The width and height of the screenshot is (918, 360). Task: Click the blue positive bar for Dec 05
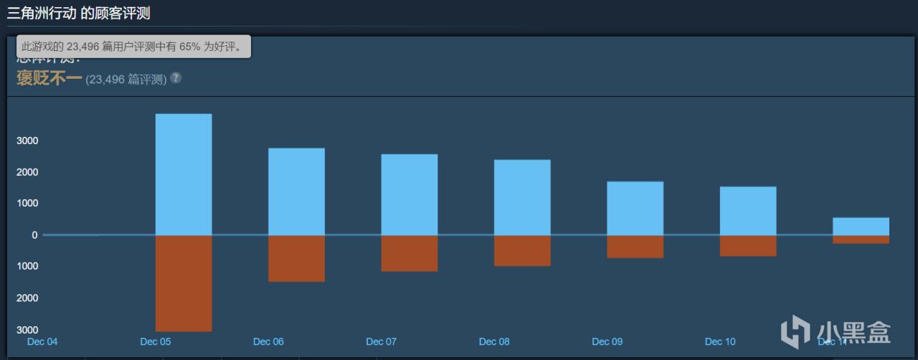click(184, 174)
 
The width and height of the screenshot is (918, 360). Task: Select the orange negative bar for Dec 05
click(184, 283)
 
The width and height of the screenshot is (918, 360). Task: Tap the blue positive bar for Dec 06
click(296, 191)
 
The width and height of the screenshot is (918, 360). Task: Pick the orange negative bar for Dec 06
click(296, 258)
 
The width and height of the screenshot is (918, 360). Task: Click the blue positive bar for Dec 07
click(410, 194)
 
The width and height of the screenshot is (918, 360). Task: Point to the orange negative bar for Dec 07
click(410, 253)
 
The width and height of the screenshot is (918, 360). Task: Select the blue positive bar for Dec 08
click(522, 197)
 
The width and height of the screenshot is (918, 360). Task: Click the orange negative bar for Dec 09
click(635, 247)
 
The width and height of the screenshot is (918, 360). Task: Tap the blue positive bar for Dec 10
click(748, 211)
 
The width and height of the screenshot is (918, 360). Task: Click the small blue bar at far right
click(861, 226)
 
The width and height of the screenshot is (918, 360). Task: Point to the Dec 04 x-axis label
click(42, 341)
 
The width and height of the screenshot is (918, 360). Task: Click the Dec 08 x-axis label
click(494, 341)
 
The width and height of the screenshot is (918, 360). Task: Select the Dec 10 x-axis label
click(720, 341)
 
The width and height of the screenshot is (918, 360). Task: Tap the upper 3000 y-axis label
click(27, 141)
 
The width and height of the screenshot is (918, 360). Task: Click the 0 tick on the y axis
click(34, 235)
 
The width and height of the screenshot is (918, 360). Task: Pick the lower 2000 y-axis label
click(27, 298)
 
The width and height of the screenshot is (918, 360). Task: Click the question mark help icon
click(176, 77)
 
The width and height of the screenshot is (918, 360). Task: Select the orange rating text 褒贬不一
click(49, 78)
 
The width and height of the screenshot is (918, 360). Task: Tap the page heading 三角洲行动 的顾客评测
click(78, 13)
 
